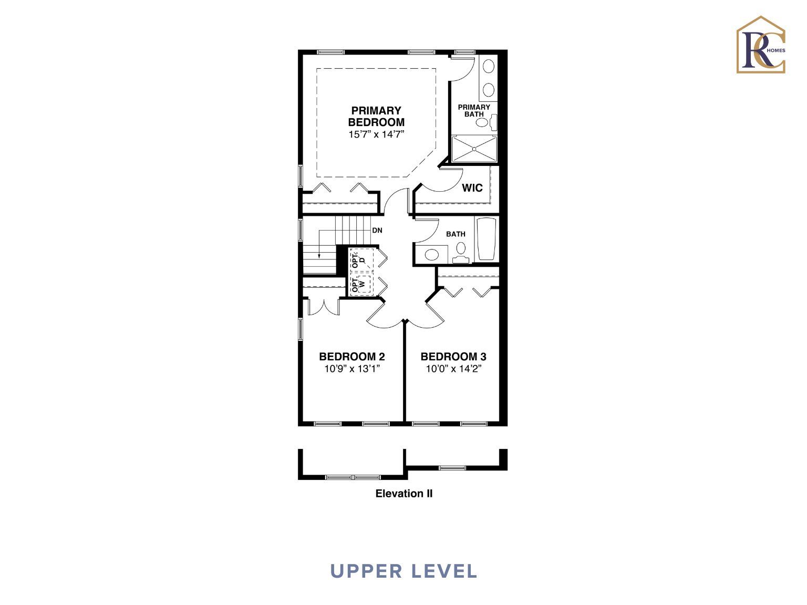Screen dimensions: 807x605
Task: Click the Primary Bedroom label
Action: pyautogui.click(x=376, y=116)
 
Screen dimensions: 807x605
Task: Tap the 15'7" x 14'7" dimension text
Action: pyautogui.click(x=376, y=134)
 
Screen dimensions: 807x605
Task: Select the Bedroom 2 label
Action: pyautogui.click(x=352, y=356)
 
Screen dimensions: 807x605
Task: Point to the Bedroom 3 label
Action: pyautogui.click(x=453, y=356)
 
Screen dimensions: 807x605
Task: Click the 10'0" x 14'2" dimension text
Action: pyautogui.click(x=454, y=369)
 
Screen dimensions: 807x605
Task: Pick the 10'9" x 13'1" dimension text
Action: pyautogui.click(x=352, y=369)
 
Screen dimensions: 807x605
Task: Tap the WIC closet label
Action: pyautogui.click(x=472, y=187)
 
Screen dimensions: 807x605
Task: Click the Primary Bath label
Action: pyautogui.click(x=474, y=111)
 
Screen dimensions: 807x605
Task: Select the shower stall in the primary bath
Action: pyautogui.click(x=474, y=149)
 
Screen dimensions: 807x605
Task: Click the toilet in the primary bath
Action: pyautogui.click(x=486, y=122)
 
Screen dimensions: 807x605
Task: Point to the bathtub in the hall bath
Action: pyautogui.click(x=486, y=239)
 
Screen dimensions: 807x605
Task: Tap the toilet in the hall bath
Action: pyautogui.click(x=461, y=253)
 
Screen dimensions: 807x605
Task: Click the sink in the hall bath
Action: pyautogui.click(x=432, y=254)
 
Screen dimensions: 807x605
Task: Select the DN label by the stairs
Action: pyautogui.click(x=377, y=231)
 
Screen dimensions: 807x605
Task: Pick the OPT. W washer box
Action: pyautogui.click(x=362, y=283)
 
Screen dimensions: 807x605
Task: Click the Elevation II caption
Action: pyautogui.click(x=403, y=493)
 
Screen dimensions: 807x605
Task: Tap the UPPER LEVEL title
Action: pyautogui.click(x=403, y=571)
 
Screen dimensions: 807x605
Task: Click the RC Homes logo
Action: pyautogui.click(x=761, y=45)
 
